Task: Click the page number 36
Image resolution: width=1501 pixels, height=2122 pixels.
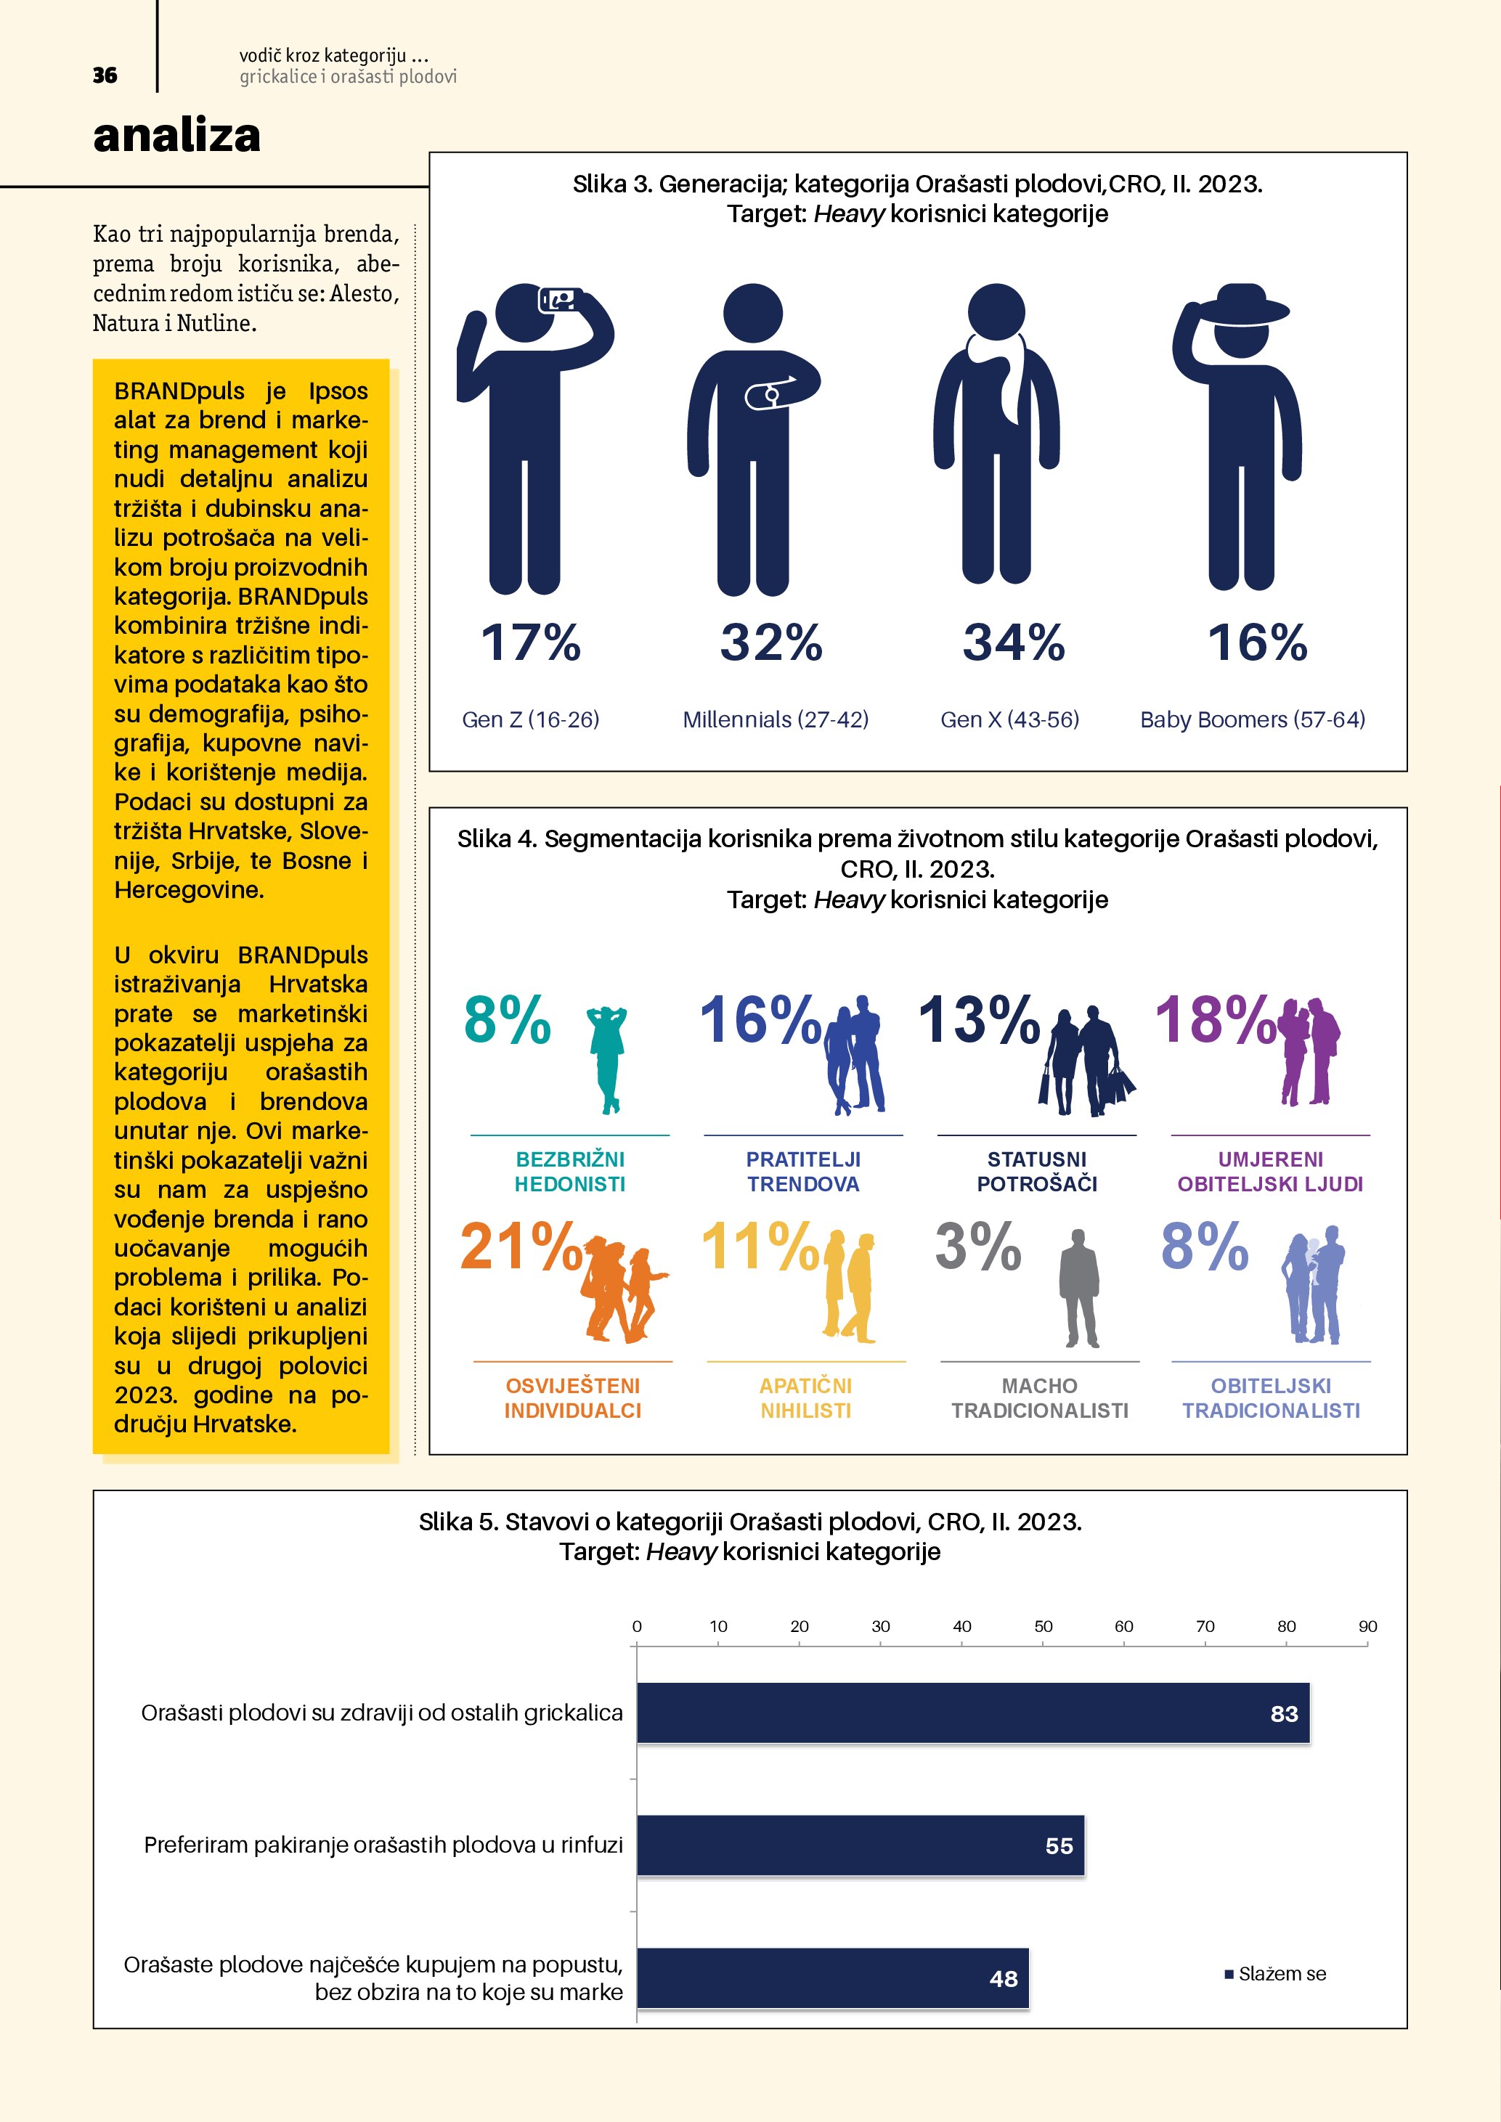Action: pyautogui.click(x=105, y=76)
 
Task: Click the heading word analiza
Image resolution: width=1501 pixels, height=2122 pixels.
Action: pyautogui.click(x=176, y=136)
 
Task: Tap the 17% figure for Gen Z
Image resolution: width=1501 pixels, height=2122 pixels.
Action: pyautogui.click(x=531, y=642)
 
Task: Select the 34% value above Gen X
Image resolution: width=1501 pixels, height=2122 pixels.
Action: pyautogui.click(x=1013, y=642)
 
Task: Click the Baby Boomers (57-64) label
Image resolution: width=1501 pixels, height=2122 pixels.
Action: pyautogui.click(x=1253, y=720)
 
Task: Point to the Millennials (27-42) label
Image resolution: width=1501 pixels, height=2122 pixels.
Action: pyautogui.click(x=776, y=720)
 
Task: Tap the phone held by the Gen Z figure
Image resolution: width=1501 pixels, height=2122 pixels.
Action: pyautogui.click(x=559, y=299)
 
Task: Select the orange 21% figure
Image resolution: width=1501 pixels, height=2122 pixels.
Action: pyautogui.click(x=521, y=1246)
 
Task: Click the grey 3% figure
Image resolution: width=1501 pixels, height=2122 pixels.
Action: pyautogui.click(x=978, y=1246)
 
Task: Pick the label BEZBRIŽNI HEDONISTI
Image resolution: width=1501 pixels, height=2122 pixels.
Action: pyautogui.click(x=569, y=1171)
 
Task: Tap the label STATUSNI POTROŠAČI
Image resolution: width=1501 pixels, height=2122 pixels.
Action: pyautogui.click(x=1037, y=1171)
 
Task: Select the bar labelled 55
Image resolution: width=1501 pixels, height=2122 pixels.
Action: pyautogui.click(x=860, y=1845)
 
